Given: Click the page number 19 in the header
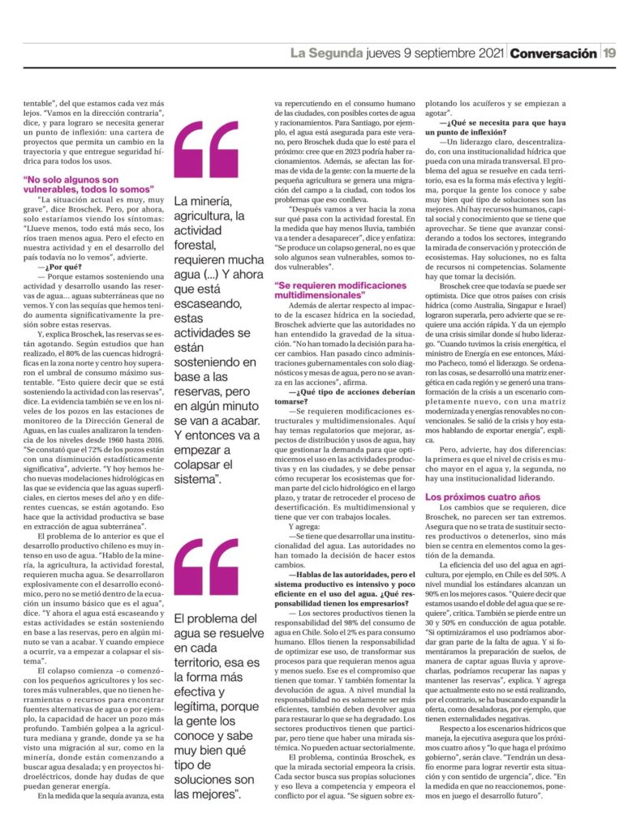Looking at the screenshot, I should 610,53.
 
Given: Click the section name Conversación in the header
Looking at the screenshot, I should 553,53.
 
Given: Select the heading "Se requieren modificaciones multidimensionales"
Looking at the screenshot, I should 340,291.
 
